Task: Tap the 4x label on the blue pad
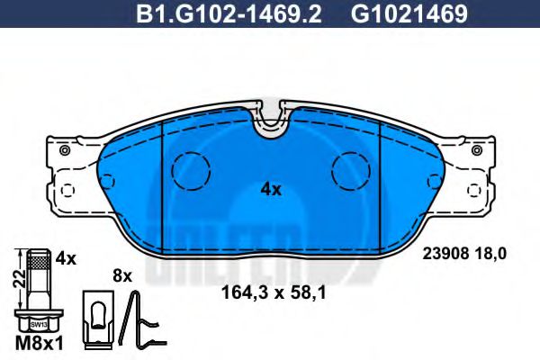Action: click(x=271, y=190)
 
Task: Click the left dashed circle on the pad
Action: click(x=190, y=170)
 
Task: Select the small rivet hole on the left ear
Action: click(x=63, y=151)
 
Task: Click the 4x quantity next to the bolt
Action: click(x=64, y=258)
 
